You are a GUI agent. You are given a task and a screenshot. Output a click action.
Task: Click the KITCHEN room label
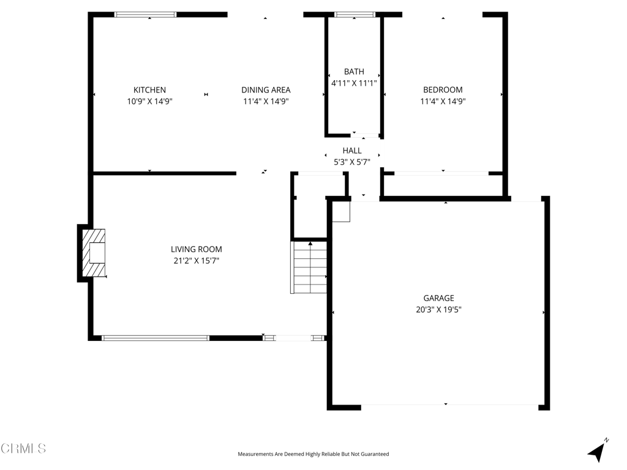149,90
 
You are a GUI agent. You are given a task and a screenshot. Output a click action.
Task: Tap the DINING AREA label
266,90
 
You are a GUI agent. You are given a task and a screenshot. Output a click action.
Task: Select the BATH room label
354,72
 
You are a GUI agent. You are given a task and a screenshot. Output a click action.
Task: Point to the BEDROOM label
443,90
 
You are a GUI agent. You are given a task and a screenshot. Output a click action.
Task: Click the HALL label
352,151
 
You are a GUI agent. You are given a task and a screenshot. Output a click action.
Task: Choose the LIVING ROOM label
196,249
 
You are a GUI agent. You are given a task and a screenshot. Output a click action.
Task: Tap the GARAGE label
438,298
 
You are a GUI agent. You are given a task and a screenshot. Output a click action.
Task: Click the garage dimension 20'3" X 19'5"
438,310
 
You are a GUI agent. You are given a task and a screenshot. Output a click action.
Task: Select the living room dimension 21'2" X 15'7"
196,261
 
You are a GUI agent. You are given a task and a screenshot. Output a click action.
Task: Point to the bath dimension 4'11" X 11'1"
354,83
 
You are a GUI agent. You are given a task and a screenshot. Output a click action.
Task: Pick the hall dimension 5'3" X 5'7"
352,162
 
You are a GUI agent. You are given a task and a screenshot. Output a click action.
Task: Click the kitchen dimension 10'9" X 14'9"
149,102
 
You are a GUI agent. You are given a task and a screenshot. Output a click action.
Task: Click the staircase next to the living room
309,267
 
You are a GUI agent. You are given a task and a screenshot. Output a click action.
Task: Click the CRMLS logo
23,449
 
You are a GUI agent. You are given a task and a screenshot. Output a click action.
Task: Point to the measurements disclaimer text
313,454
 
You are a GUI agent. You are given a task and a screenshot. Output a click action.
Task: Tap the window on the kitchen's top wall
145,15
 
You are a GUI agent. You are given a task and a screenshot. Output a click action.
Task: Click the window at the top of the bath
355,15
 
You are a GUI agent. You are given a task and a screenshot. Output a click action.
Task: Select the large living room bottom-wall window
155,338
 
